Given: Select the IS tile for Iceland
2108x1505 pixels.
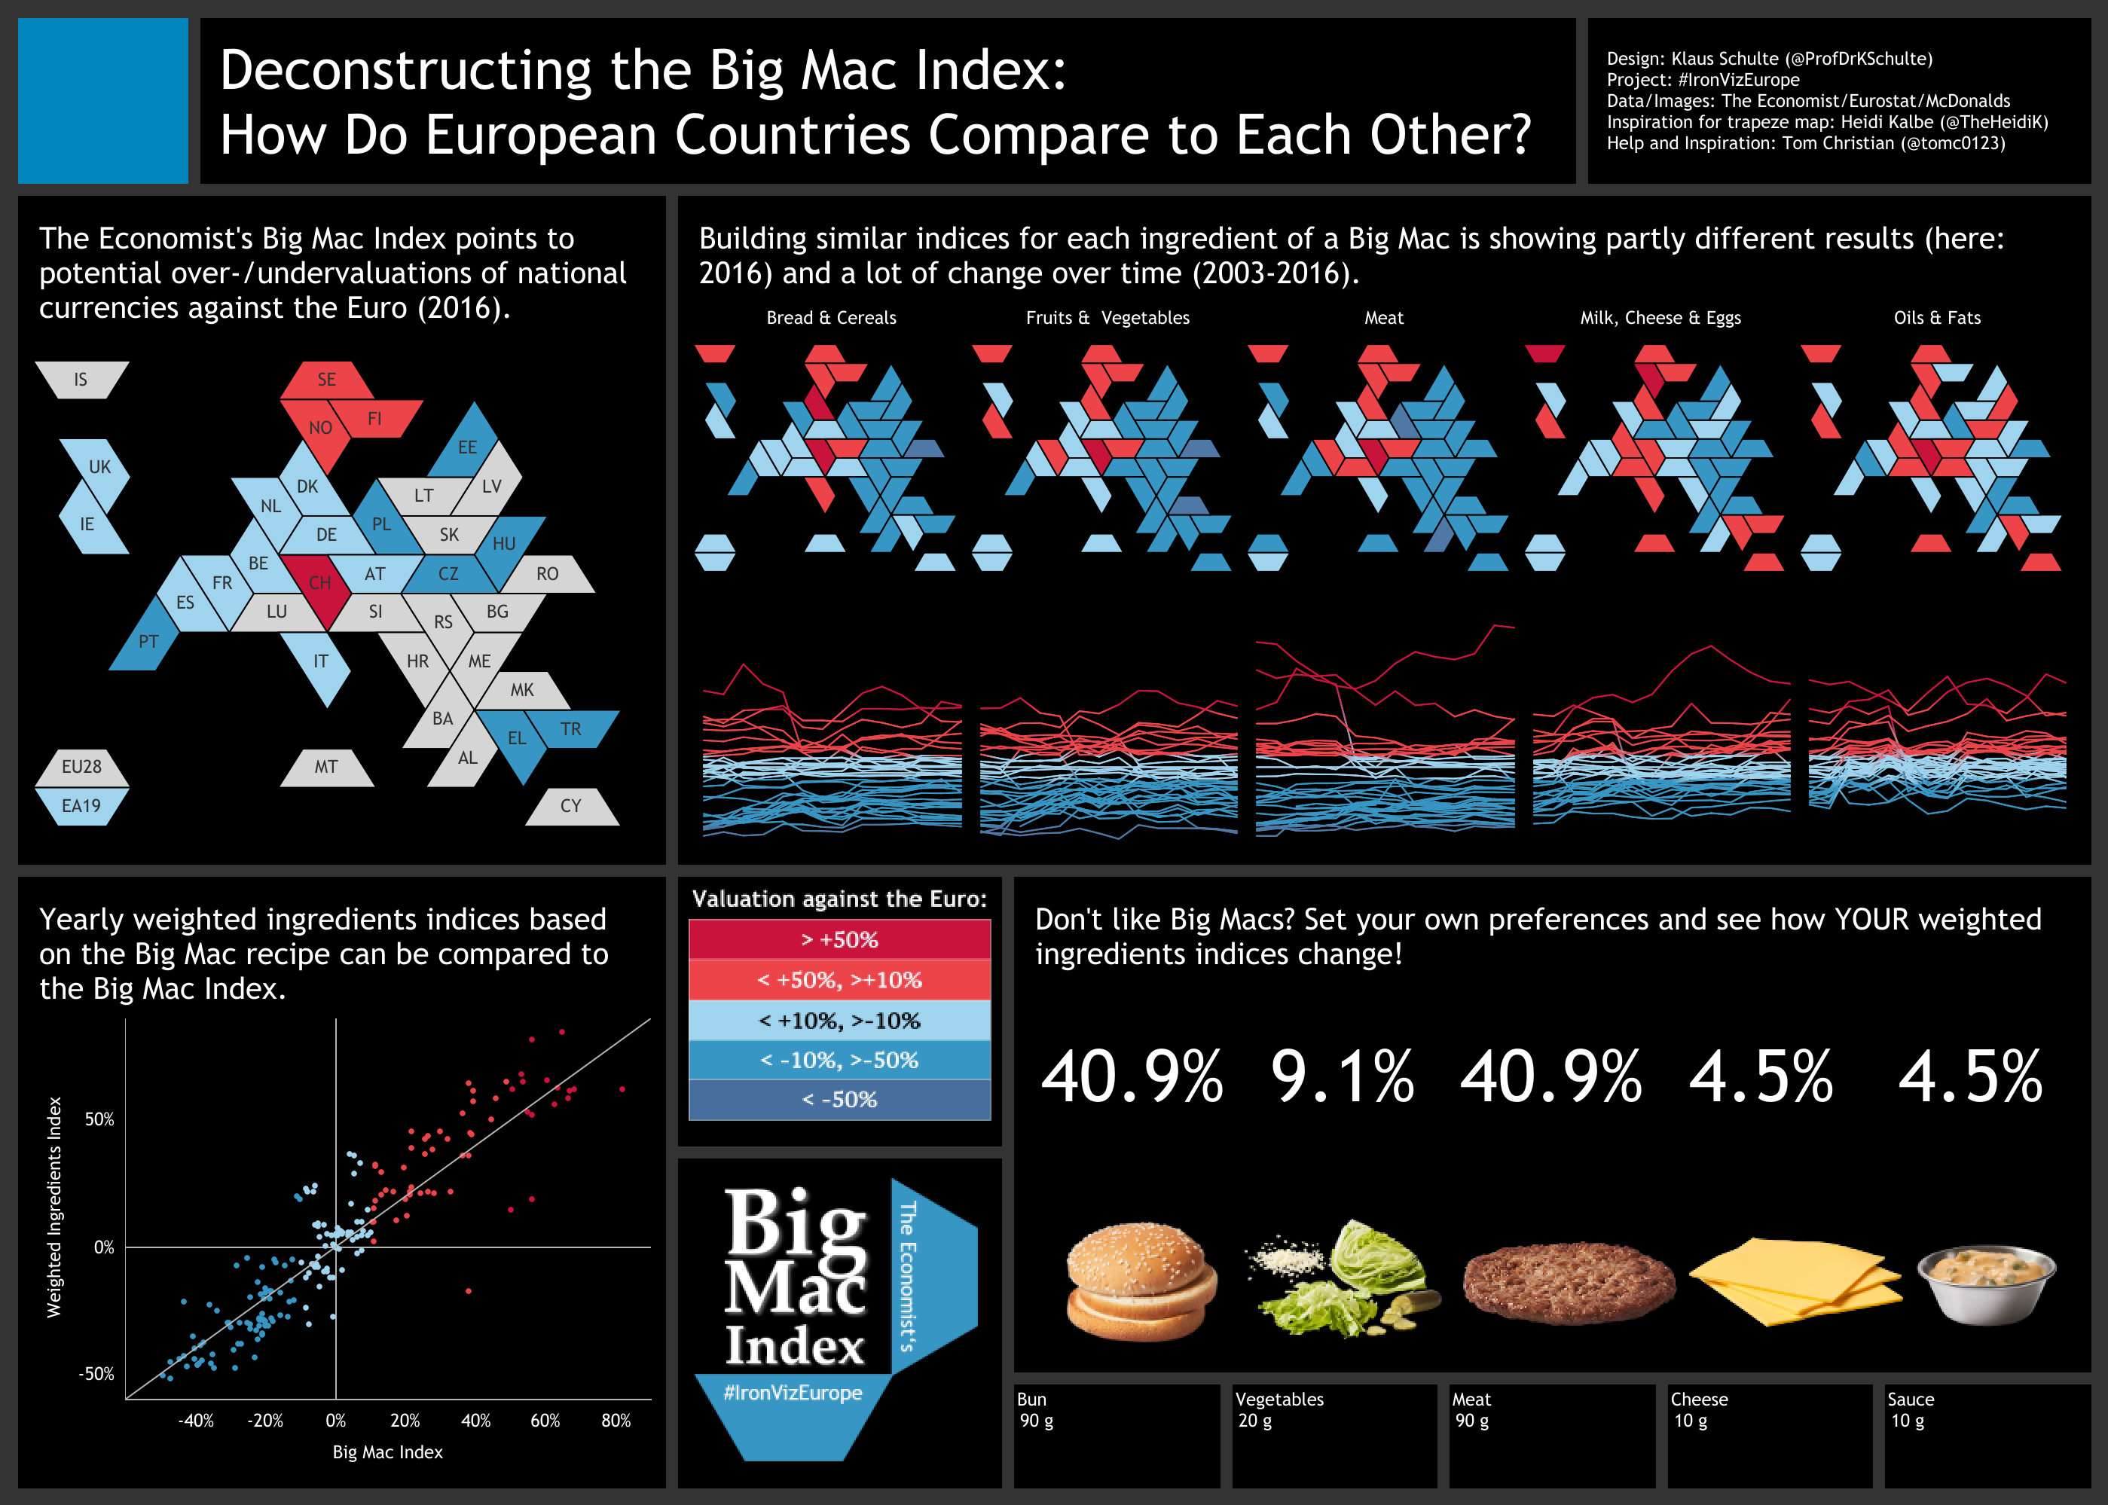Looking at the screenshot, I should coord(81,380).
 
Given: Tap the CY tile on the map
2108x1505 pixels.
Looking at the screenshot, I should coord(571,806).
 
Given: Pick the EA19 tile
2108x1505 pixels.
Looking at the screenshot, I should coord(81,806).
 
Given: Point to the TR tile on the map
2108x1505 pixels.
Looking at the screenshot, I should coord(571,729).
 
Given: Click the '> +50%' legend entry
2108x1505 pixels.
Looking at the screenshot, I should coord(839,940).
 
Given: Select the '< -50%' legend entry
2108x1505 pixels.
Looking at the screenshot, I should coord(839,1100).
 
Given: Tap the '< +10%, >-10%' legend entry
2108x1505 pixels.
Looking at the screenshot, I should coord(839,1021).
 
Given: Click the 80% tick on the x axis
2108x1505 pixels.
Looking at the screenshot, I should coord(616,1421).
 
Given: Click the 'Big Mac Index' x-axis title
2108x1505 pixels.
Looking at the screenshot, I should coord(387,1452).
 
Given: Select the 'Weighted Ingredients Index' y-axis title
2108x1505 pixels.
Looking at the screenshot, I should coord(55,1207).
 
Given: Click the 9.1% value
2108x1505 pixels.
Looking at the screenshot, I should coord(1343,1078).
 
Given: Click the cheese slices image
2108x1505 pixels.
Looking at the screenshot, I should coord(1794,1281).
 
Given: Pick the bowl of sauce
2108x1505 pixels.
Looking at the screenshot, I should coord(1986,1284).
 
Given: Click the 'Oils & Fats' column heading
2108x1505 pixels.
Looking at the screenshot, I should coord(1936,318).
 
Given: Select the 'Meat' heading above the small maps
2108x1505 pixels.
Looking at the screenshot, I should coord(1383,318).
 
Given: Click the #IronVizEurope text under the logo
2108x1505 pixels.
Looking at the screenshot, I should coord(793,1393).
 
